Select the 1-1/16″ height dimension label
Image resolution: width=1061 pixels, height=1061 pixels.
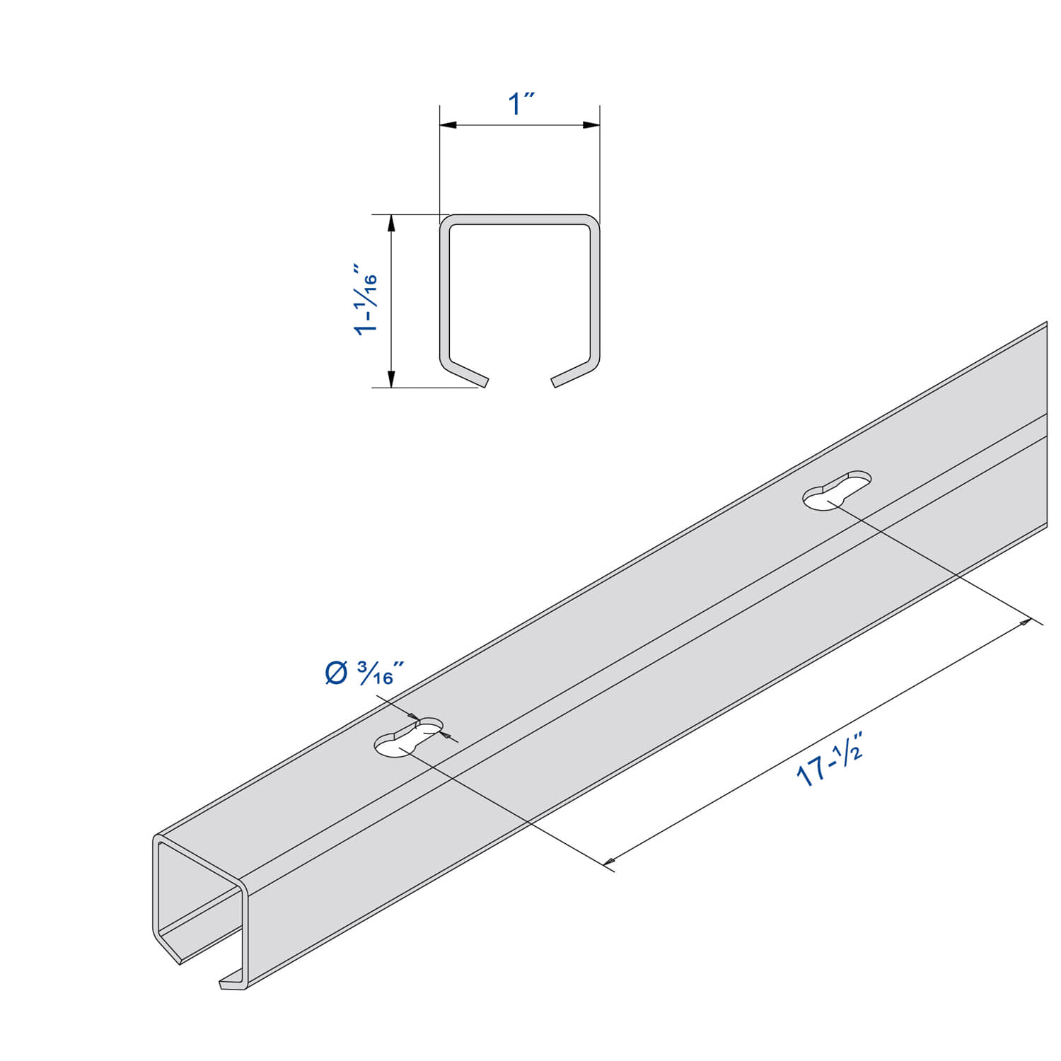click(366, 301)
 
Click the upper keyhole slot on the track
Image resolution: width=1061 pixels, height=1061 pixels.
click(837, 489)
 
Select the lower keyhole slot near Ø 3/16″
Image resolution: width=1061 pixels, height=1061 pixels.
click(408, 738)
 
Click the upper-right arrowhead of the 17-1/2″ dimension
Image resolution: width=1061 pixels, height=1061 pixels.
click(1024, 623)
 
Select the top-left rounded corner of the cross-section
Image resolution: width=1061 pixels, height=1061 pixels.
click(446, 221)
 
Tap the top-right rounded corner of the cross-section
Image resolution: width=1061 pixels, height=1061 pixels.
click(593, 221)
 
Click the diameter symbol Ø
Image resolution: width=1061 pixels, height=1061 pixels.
click(336, 673)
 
